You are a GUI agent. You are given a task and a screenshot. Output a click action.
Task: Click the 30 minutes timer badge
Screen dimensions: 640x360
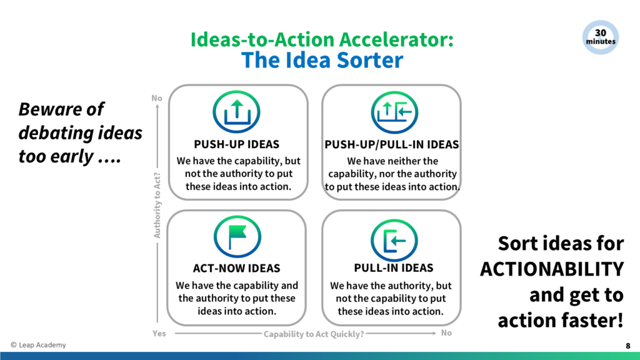600,37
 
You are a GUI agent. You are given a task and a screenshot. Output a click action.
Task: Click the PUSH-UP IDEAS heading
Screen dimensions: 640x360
237,144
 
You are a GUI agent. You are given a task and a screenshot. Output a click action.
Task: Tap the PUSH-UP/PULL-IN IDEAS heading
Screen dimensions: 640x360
392,144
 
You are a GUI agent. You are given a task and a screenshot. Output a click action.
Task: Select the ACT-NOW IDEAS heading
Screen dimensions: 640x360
237,268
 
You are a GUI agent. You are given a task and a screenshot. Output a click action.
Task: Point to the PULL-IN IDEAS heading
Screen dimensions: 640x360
394,267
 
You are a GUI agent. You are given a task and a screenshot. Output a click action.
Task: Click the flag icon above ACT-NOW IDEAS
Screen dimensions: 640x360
237,237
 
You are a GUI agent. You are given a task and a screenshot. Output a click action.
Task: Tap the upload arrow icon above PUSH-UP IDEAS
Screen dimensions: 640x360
236,112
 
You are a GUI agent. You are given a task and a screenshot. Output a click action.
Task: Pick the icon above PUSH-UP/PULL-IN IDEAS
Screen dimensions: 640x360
394,112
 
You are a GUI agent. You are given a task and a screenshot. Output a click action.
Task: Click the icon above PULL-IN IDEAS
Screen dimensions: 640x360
394,240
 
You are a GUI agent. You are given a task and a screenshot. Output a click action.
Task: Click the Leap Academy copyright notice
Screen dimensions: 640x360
38,345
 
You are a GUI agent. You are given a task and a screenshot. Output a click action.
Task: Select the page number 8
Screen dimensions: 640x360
627,346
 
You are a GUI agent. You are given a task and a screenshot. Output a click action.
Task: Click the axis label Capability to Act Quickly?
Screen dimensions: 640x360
314,334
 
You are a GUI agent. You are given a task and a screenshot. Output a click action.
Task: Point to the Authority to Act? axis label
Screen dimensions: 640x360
157,205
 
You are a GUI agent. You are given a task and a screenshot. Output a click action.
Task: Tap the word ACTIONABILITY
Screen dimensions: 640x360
552,269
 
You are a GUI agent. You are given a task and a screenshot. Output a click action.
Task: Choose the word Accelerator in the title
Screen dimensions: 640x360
396,39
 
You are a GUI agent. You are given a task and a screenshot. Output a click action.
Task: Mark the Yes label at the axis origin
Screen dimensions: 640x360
159,334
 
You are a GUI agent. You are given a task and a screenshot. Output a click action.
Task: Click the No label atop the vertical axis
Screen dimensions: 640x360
157,98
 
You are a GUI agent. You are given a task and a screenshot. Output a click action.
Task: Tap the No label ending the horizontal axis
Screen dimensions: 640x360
446,333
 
